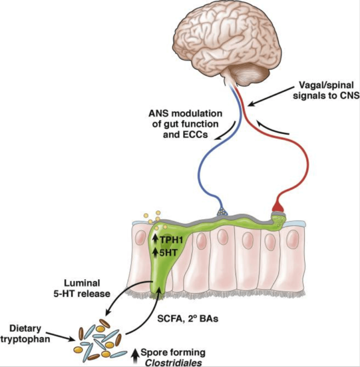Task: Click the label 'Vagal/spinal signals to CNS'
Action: tap(326, 91)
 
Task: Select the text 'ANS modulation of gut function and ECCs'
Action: tap(185, 124)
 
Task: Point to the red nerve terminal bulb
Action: tap(278, 206)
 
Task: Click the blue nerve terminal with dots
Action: tap(222, 212)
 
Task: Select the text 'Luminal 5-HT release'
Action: tap(82, 288)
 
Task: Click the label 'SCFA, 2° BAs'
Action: tap(187, 319)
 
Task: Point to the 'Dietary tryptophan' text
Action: tap(25, 334)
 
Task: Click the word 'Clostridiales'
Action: tap(173, 363)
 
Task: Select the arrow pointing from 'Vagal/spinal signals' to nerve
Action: tap(270, 96)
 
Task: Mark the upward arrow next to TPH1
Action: tap(155, 239)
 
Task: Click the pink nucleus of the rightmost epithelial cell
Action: tap(292, 239)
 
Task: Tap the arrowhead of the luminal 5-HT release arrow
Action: tap(108, 313)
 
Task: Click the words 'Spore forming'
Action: tap(173, 352)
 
